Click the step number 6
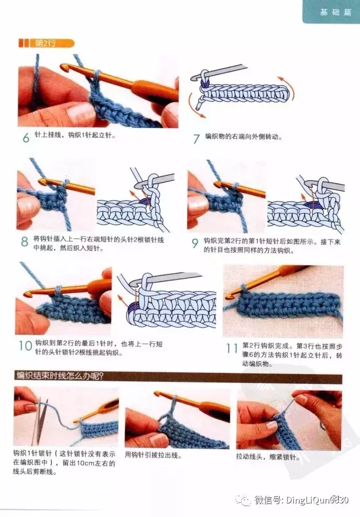click(x=26, y=137)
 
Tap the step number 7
click(x=197, y=138)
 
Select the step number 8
click(x=25, y=242)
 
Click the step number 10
click(x=25, y=346)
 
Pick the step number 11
click(x=232, y=348)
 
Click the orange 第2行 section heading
click(x=46, y=43)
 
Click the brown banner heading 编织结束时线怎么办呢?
click(x=60, y=375)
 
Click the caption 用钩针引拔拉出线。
click(x=153, y=455)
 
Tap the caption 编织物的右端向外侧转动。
click(x=244, y=137)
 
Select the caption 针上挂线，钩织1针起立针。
click(x=75, y=135)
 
